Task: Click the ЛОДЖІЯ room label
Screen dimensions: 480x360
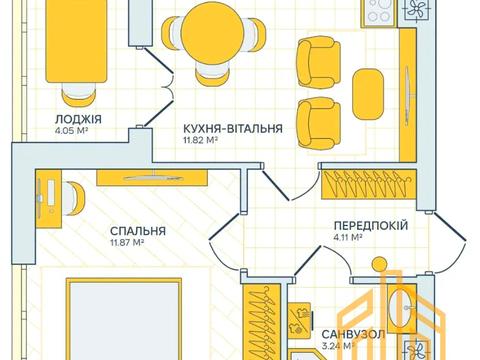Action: pos(79,117)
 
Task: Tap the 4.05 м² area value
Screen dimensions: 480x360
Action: pos(72,128)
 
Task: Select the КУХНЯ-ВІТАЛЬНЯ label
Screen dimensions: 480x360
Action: pos(232,129)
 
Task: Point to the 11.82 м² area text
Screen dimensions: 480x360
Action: pos(201,141)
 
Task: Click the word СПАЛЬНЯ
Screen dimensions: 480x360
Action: pos(138,230)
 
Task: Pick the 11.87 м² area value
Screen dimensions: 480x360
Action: pos(128,242)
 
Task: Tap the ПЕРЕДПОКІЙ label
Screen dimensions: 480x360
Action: pos(370,226)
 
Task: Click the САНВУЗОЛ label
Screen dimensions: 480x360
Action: pos(350,335)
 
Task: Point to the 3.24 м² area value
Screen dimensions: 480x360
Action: pos(339,347)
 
